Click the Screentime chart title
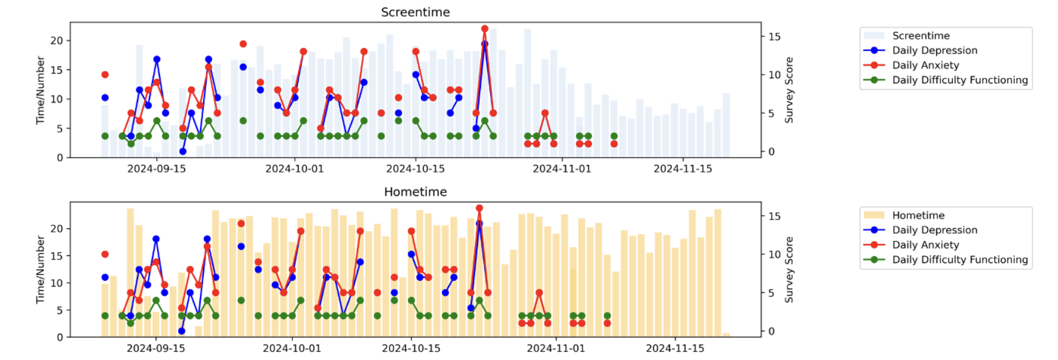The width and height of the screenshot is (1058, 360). pos(415,12)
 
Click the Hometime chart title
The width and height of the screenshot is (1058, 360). pos(415,192)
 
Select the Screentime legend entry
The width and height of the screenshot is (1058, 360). pos(921,36)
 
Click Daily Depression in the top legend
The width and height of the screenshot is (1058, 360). pos(934,50)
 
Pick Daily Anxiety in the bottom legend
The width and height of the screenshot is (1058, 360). pos(925,244)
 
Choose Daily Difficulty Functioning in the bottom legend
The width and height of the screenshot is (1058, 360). pos(959,260)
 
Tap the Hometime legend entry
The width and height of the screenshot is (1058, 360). pos(918,215)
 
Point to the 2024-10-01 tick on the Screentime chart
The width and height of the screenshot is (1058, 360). pos(294,168)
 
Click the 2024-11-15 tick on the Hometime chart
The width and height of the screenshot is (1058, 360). pos(675,348)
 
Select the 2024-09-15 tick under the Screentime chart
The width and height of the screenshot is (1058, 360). pos(156,168)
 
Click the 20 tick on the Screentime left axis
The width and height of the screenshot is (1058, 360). pos(57,41)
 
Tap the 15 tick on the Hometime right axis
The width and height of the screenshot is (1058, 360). pos(774,216)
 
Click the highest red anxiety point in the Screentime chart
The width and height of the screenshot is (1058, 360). pos(485,29)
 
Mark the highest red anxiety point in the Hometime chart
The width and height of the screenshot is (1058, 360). pos(479,208)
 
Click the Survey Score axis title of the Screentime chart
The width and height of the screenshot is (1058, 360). pos(789,90)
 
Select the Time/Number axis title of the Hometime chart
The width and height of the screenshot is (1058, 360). pos(41,269)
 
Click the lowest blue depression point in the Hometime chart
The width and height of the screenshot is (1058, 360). pos(182,331)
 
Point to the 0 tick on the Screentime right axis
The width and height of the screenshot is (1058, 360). pos(771,151)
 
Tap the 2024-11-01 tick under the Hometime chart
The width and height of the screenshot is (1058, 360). pos(556,348)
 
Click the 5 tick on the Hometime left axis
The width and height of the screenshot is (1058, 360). pos(60,310)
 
